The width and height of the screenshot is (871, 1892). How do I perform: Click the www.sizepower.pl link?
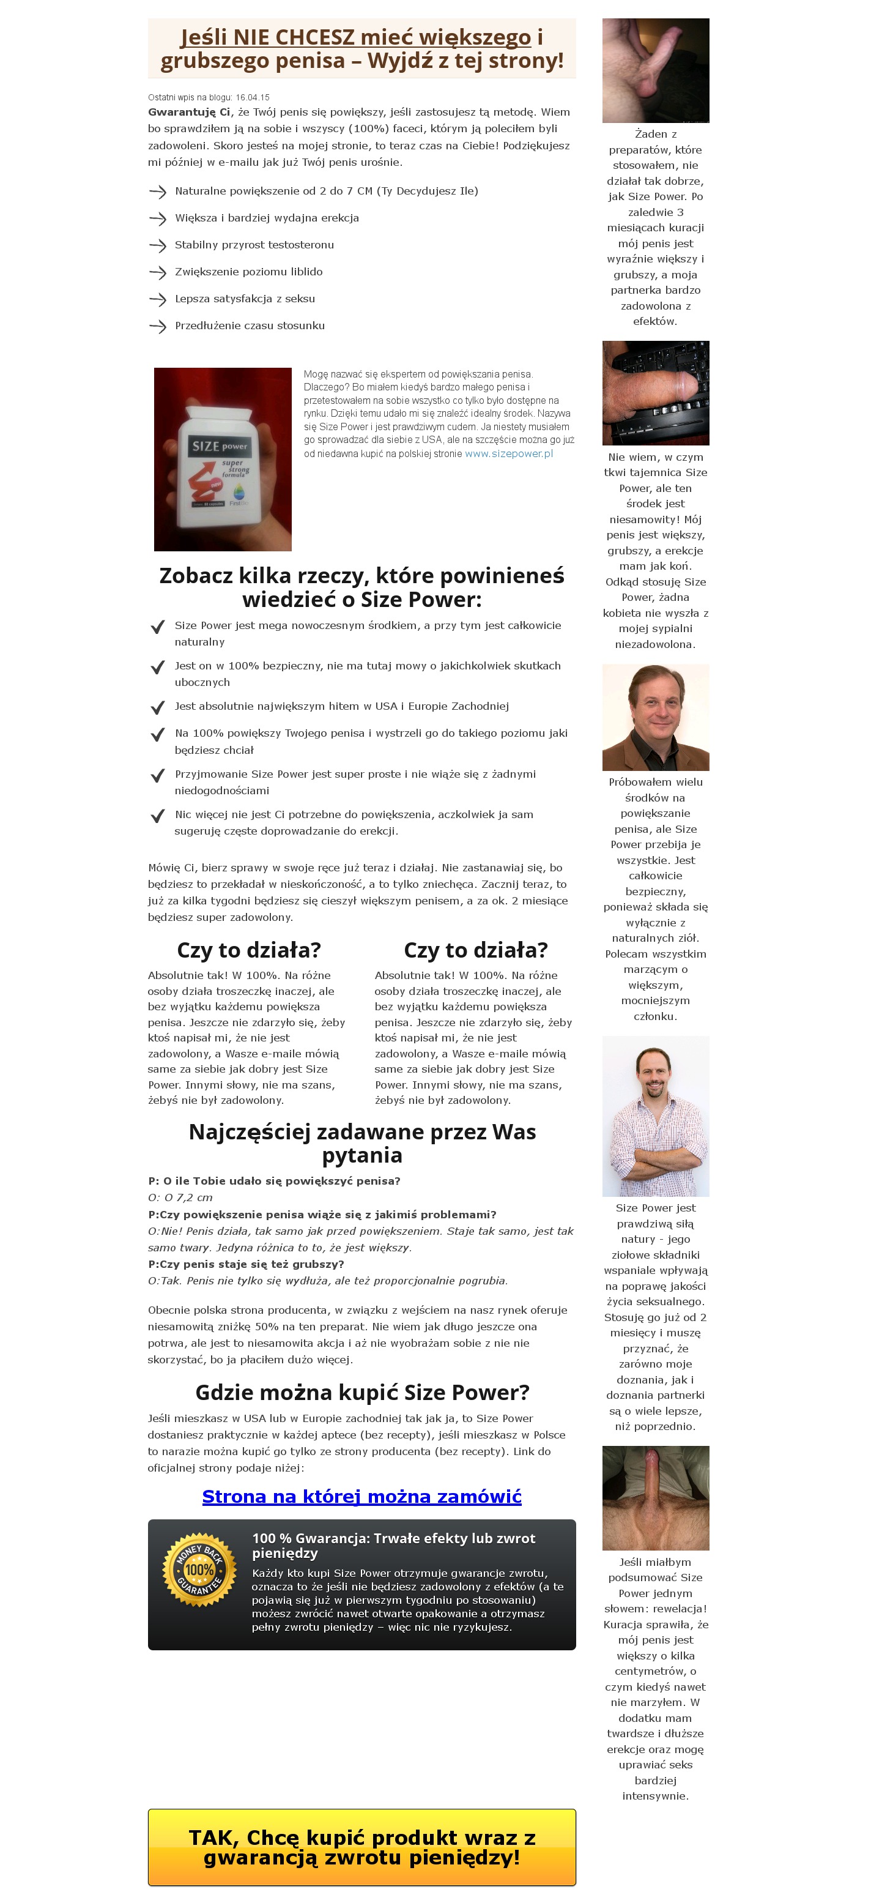(508, 453)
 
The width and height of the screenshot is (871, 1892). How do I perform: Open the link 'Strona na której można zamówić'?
(361, 1496)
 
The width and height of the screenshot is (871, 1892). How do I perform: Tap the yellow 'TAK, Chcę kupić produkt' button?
(361, 1847)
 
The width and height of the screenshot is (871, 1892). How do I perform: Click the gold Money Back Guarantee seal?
(199, 1570)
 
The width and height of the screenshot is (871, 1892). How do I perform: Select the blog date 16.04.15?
(253, 97)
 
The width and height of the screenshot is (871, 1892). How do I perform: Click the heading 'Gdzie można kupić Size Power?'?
(361, 1392)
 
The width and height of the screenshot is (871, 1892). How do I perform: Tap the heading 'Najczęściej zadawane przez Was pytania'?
(361, 1143)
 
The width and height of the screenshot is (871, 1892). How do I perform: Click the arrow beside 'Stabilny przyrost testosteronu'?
(157, 245)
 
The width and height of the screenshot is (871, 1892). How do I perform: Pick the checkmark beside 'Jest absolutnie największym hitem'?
(157, 707)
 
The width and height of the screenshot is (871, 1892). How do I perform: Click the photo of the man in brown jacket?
(655, 717)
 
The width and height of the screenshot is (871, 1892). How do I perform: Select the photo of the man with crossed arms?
(655, 1115)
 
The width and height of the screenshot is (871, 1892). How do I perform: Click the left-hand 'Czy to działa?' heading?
(248, 950)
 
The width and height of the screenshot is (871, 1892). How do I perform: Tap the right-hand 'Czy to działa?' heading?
(475, 950)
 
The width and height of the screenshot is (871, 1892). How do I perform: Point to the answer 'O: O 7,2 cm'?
(180, 1197)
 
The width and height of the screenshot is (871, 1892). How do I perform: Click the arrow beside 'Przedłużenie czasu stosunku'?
(157, 326)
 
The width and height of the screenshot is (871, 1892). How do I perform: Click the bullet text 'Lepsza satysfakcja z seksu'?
(245, 299)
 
